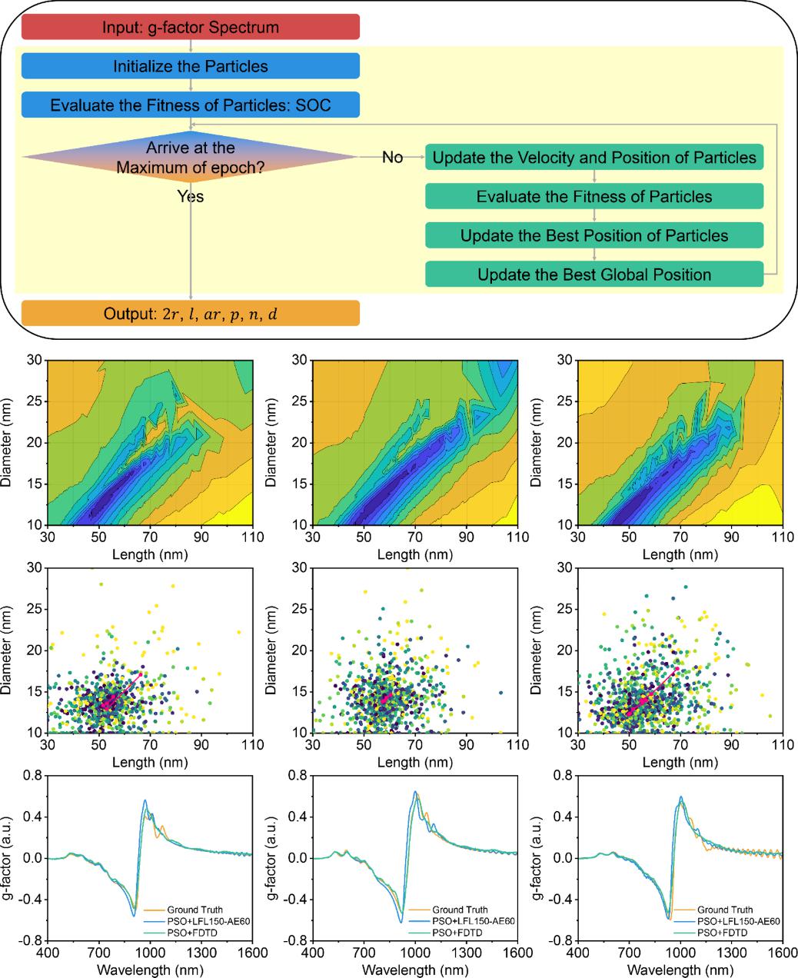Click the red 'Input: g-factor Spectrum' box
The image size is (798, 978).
(191, 28)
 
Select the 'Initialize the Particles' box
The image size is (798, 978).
(191, 66)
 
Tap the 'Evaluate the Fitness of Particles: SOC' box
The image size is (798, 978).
(191, 105)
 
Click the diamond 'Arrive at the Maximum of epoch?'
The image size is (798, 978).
(191, 156)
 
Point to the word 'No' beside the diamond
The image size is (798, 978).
(392, 158)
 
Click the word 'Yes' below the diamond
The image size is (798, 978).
(191, 197)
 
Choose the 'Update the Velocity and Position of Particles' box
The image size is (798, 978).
(594, 158)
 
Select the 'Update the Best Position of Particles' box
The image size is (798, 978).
(594, 235)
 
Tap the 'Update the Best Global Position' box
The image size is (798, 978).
(594, 274)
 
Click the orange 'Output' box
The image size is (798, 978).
(191, 314)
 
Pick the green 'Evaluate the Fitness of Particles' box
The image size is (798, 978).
(594, 196)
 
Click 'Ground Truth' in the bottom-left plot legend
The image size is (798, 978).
(195, 910)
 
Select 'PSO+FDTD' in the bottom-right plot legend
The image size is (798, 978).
(720, 932)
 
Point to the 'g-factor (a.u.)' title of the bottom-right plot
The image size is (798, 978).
(541, 857)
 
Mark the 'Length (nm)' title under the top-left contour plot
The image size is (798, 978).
(150, 554)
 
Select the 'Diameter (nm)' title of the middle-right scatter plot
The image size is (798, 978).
(541, 650)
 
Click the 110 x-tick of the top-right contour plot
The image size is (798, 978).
(782, 537)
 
